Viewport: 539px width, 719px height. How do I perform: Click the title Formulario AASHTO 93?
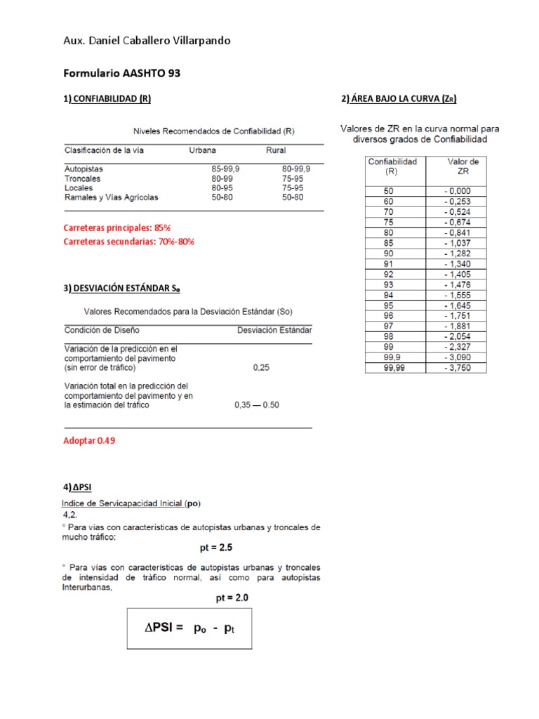point(122,73)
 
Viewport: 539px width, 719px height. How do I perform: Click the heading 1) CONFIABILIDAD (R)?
point(107,99)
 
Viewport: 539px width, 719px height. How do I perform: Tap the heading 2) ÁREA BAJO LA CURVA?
point(399,99)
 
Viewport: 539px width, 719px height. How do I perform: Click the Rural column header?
point(275,150)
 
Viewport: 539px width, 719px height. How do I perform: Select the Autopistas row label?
point(84,169)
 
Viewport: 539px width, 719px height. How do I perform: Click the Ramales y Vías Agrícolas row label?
point(111,197)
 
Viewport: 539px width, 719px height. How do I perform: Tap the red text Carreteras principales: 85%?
point(117,228)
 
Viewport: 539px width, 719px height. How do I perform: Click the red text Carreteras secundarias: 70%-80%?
point(128,242)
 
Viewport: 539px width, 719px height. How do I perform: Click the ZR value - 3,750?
point(456,367)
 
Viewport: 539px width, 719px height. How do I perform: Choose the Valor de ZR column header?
point(463,166)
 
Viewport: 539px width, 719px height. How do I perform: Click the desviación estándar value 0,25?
point(260,367)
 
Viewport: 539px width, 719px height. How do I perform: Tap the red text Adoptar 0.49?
point(89,440)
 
